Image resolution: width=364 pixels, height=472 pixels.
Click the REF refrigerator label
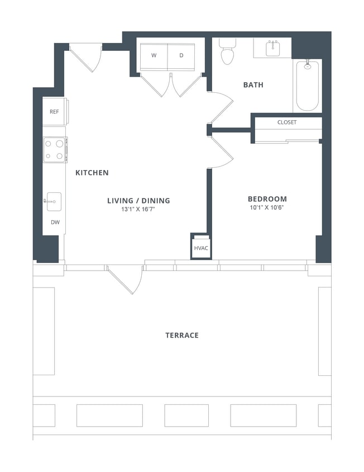[x=54, y=112]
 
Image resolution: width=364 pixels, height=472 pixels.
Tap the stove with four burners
[x=55, y=150]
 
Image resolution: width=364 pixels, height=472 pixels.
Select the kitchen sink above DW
[x=54, y=201]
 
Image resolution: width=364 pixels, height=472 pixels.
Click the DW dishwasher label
[x=55, y=222]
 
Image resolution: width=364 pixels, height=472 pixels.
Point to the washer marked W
[x=154, y=55]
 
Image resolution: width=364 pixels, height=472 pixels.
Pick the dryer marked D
[x=181, y=55]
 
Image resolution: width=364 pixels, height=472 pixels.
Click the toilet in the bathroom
[x=227, y=52]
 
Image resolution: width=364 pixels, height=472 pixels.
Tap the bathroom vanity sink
[x=272, y=48]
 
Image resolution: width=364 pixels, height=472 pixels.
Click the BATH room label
[x=253, y=85]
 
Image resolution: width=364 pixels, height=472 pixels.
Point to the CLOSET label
[x=287, y=122]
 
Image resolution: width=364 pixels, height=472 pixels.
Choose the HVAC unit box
[x=201, y=247]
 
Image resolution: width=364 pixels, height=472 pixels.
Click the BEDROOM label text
[x=267, y=199]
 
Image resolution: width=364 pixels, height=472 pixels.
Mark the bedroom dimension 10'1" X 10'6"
[x=267, y=209]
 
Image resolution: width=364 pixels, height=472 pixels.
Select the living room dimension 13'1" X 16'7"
[x=138, y=210]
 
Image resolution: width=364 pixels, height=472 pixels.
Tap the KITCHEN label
[x=92, y=173]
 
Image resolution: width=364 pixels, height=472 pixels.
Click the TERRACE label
[x=181, y=336]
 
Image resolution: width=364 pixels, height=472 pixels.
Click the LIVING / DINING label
[x=138, y=201]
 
